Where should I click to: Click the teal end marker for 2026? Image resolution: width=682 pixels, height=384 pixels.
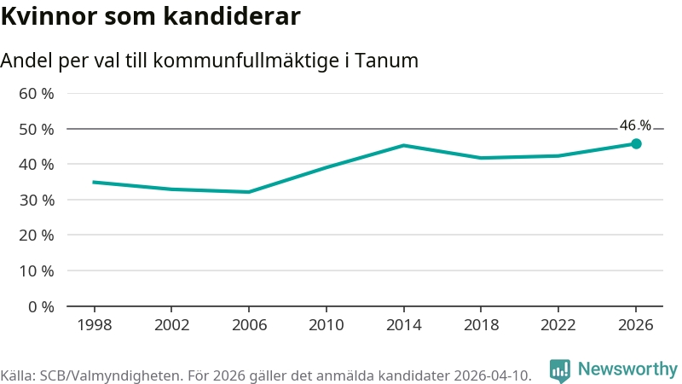click(636, 143)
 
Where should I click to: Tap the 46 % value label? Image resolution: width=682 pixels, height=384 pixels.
click(635, 125)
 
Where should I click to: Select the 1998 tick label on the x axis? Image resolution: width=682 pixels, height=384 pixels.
click(95, 325)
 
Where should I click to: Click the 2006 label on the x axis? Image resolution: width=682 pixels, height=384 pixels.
click(249, 325)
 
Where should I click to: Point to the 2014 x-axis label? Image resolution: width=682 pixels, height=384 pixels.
click(403, 325)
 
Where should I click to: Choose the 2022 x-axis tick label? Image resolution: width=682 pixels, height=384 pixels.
click(558, 325)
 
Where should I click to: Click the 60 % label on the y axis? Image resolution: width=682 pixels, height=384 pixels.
click(37, 94)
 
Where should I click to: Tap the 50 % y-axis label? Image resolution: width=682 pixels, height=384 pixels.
click(37, 130)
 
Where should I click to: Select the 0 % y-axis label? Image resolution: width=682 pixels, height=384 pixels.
click(41, 307)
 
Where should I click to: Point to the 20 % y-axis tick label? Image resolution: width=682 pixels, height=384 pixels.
click(37, 236)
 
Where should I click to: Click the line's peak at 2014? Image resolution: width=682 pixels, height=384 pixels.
click(403, 145)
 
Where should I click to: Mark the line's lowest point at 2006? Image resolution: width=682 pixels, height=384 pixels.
click(249, 192)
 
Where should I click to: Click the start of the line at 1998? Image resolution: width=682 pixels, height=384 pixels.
click(94, 182)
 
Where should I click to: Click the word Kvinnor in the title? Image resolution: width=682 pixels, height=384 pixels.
click(49, 16)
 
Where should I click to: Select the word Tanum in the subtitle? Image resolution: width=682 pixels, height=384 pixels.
click(386, 60)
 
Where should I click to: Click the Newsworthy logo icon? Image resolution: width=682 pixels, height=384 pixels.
click(560, 370)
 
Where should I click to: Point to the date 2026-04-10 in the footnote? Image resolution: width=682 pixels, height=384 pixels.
click(493, 375)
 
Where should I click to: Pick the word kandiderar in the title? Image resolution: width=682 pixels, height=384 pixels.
click(232, 16)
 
